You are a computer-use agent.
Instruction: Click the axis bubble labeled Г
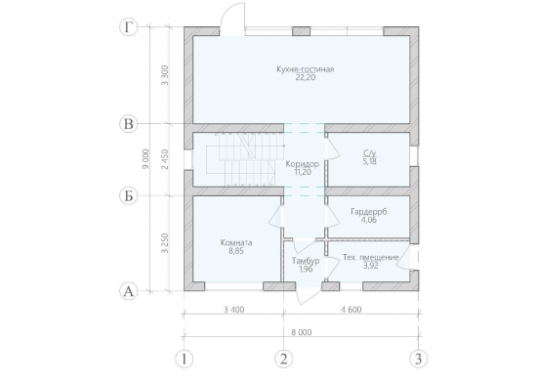coord(129,27)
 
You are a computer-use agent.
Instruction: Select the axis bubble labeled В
coord(129,124)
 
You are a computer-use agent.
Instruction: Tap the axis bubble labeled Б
coord(129,196)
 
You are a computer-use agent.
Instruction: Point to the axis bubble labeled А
coord(129,292)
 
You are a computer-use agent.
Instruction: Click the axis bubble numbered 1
coord(185,359)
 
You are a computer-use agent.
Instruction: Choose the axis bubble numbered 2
coord(284,359)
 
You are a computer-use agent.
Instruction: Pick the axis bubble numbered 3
coord(419,359)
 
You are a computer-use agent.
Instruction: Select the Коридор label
coord(303,164)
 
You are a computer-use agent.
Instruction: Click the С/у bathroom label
coord(369,152)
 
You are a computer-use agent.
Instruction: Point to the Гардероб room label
coord(369,211)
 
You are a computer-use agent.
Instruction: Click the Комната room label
coord(236,242)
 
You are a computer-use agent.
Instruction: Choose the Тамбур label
coord(306,261)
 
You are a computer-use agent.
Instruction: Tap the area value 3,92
coord(371,266)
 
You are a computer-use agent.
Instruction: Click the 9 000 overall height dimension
coord(146,159)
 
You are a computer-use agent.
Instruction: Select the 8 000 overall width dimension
coord(302,332)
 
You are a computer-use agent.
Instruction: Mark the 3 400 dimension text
coord(234,310)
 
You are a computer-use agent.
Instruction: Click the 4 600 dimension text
coord(351,310)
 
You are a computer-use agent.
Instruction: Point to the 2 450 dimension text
coord(165,159)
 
